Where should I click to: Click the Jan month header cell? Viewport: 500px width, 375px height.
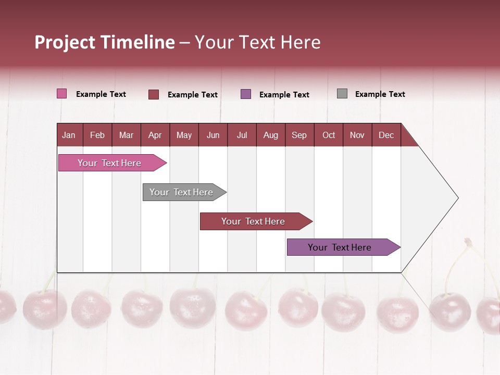pos(69,135)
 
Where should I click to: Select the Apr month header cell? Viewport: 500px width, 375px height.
pos(155,135)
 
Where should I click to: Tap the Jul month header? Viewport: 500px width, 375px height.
pos(242,135)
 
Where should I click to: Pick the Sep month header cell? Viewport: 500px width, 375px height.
pos(299,135)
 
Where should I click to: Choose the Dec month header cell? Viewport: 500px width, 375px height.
pos(386,135)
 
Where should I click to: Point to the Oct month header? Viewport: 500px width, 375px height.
pos(329,135)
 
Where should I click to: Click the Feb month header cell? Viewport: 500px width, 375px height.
pos(97,135)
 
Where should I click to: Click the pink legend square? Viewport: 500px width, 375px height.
pos(61,94)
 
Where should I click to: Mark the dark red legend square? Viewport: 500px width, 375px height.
pos(154,94)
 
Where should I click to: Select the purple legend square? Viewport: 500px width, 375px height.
pos(246,94)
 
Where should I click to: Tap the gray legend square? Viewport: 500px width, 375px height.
pos(342,94)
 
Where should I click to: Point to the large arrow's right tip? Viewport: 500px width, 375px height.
pos(457,198)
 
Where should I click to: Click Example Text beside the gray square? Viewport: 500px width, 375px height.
pos(380,94)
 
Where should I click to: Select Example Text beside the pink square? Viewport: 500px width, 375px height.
pos(101,94)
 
